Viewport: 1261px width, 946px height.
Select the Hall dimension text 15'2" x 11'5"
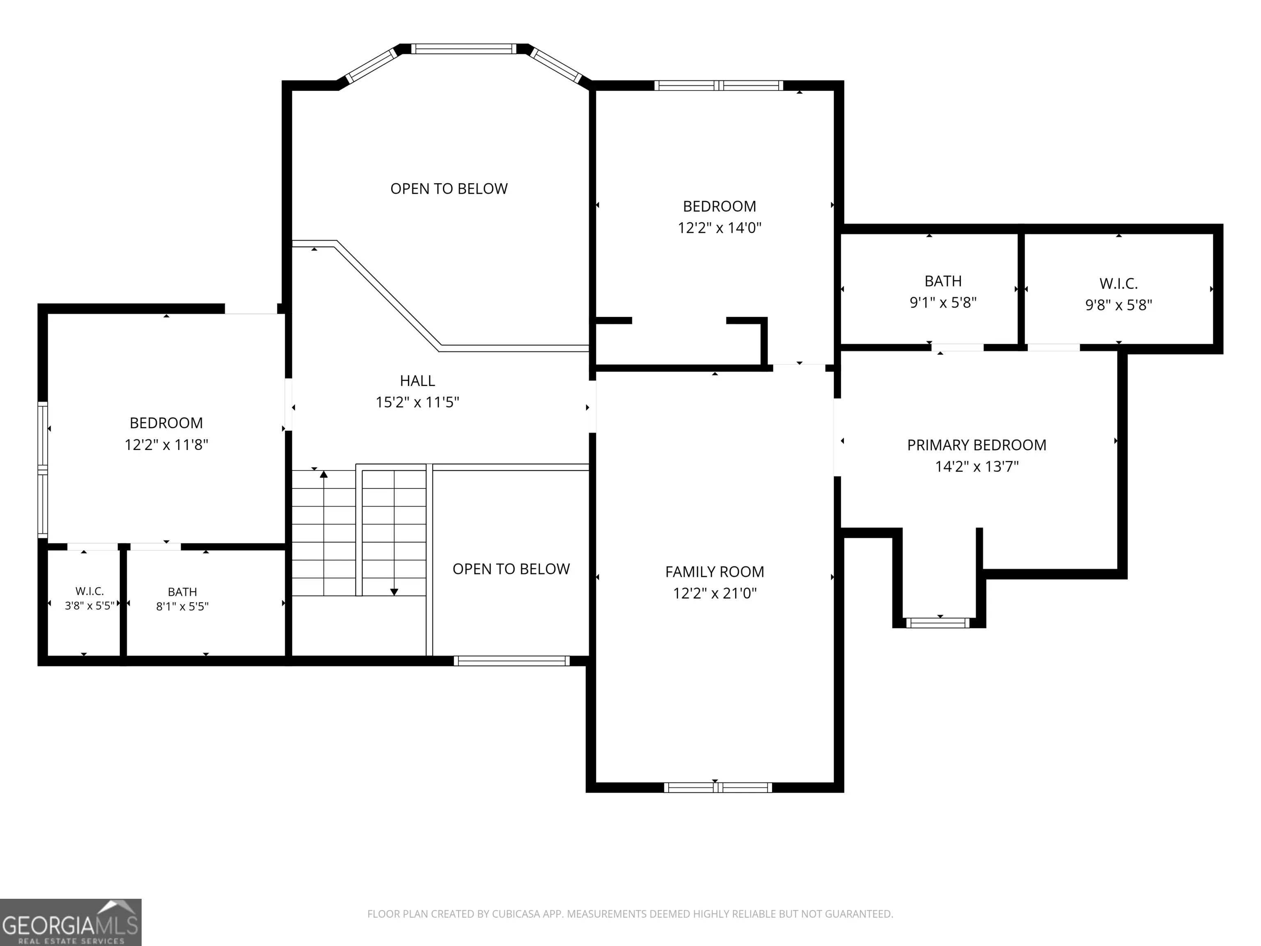coord(417,402)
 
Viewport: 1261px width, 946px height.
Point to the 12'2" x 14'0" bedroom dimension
coord(720,228)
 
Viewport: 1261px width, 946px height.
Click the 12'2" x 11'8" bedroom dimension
coord(167,445)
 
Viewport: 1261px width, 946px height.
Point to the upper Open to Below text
coord(449,189)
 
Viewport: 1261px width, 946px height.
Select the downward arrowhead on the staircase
coord(394,592)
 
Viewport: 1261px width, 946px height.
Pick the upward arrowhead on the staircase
coord(324,474)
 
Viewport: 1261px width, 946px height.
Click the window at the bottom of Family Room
coord(718,788)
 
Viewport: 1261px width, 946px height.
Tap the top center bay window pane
coord(464,49)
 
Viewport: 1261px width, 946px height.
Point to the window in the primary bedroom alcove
coord(938,623)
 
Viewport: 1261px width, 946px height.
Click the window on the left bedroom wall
coord(43,469)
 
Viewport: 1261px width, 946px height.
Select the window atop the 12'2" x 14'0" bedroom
coord(718,85)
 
